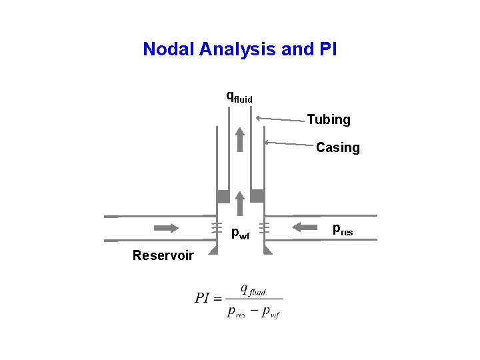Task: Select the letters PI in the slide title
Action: coord(328,49)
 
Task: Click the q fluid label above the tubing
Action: coord(239,97)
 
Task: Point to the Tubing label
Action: coord(329,120)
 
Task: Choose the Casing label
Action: coord(337,147)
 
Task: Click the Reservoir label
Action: coord(163,255)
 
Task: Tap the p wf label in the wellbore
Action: coord(240,233)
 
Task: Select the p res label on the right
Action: coord(343,230)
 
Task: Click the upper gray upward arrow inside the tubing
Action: coord(240,140)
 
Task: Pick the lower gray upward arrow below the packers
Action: coord(240,203)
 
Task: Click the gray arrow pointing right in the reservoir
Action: coord(166,227)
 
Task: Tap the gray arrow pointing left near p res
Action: coord(307,227)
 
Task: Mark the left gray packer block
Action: coord(223,196)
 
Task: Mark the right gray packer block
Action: coord(257,196)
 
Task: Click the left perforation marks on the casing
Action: coord(216,227)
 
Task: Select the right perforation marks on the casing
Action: coord(264,227)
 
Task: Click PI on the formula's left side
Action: coord(203,298)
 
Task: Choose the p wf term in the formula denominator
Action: coord(270,311)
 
